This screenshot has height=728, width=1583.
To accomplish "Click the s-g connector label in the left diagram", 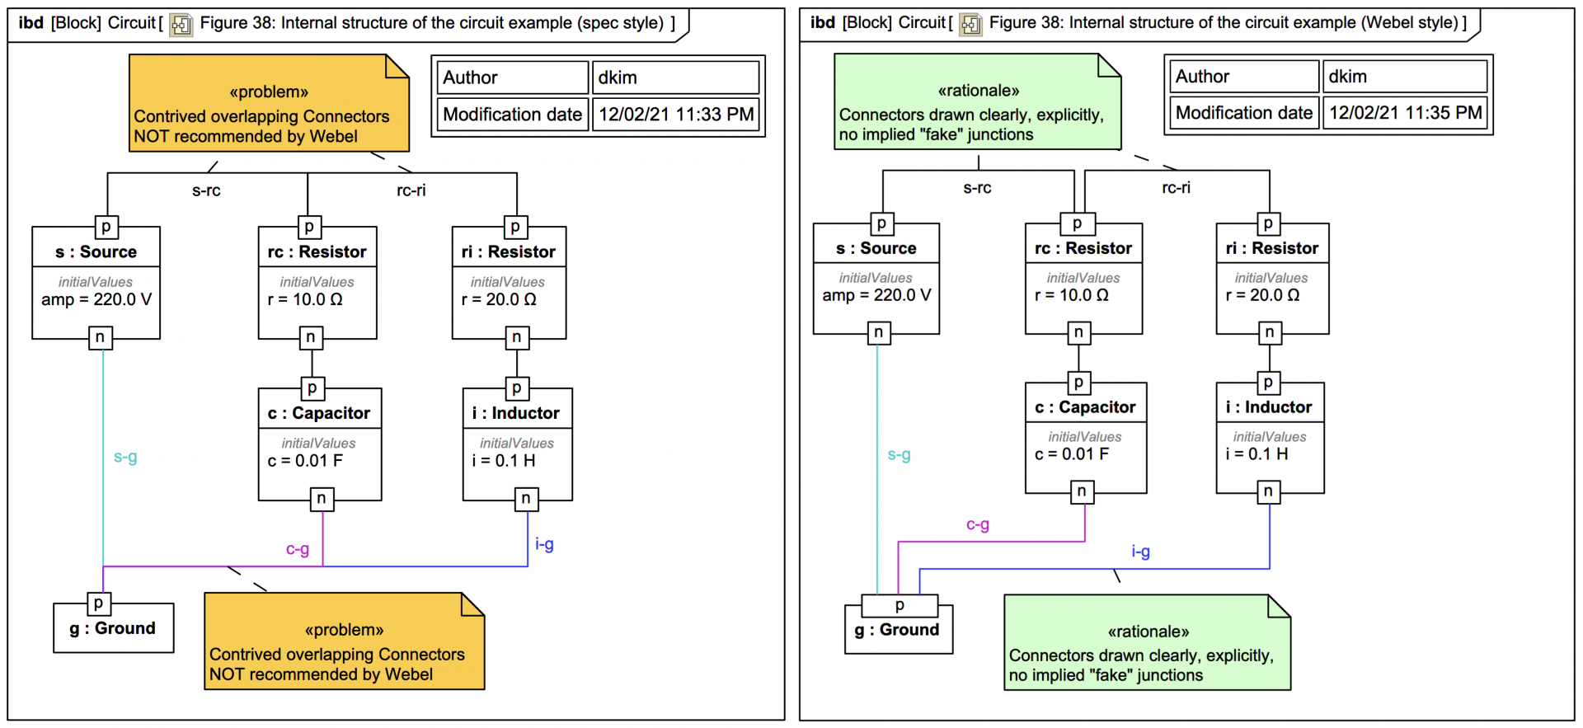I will tap(125, 457).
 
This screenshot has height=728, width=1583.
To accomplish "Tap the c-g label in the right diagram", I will tap(978, 524).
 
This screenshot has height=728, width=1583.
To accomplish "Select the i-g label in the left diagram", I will tap(544, 544).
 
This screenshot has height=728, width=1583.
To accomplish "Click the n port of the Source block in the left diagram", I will tap(100, 337).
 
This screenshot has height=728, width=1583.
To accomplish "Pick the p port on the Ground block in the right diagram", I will tap(900, 606).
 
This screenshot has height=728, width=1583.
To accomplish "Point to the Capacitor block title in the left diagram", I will tap(319, 413).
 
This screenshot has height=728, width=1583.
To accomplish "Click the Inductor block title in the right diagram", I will tap(1270, 407).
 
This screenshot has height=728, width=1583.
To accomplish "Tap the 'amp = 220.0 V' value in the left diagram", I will tap(96, 299).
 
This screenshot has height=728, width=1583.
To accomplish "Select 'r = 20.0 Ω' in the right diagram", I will tap(1262, 295).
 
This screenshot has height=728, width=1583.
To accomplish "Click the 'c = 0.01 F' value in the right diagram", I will tap(1072, 454).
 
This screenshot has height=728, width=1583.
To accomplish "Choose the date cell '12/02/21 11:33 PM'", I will tap(676, 115).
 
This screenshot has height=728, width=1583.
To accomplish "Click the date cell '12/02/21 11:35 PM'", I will tap(1406, 113).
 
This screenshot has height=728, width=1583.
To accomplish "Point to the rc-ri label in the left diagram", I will tap(411, 190).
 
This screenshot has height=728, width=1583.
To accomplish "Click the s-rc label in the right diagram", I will tap(977, 188).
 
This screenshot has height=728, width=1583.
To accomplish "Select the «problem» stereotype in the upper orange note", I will tap(269, 92).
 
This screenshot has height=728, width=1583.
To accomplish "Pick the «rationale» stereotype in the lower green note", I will tap(1148, 632).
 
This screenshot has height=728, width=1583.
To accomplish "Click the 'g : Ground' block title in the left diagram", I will tap(113, 628).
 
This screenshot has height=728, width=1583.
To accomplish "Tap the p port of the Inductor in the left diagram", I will tap(516, 388).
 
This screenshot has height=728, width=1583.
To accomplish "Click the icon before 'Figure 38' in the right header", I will tap(971, 24).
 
